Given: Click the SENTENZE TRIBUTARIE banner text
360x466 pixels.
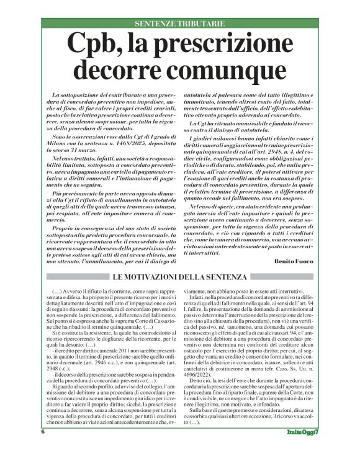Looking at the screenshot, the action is [x=179, y=23].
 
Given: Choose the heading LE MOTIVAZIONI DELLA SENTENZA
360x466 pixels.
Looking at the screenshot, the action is [x=179, y=276].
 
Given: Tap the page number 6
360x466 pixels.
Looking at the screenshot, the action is [x=43, y=449].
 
